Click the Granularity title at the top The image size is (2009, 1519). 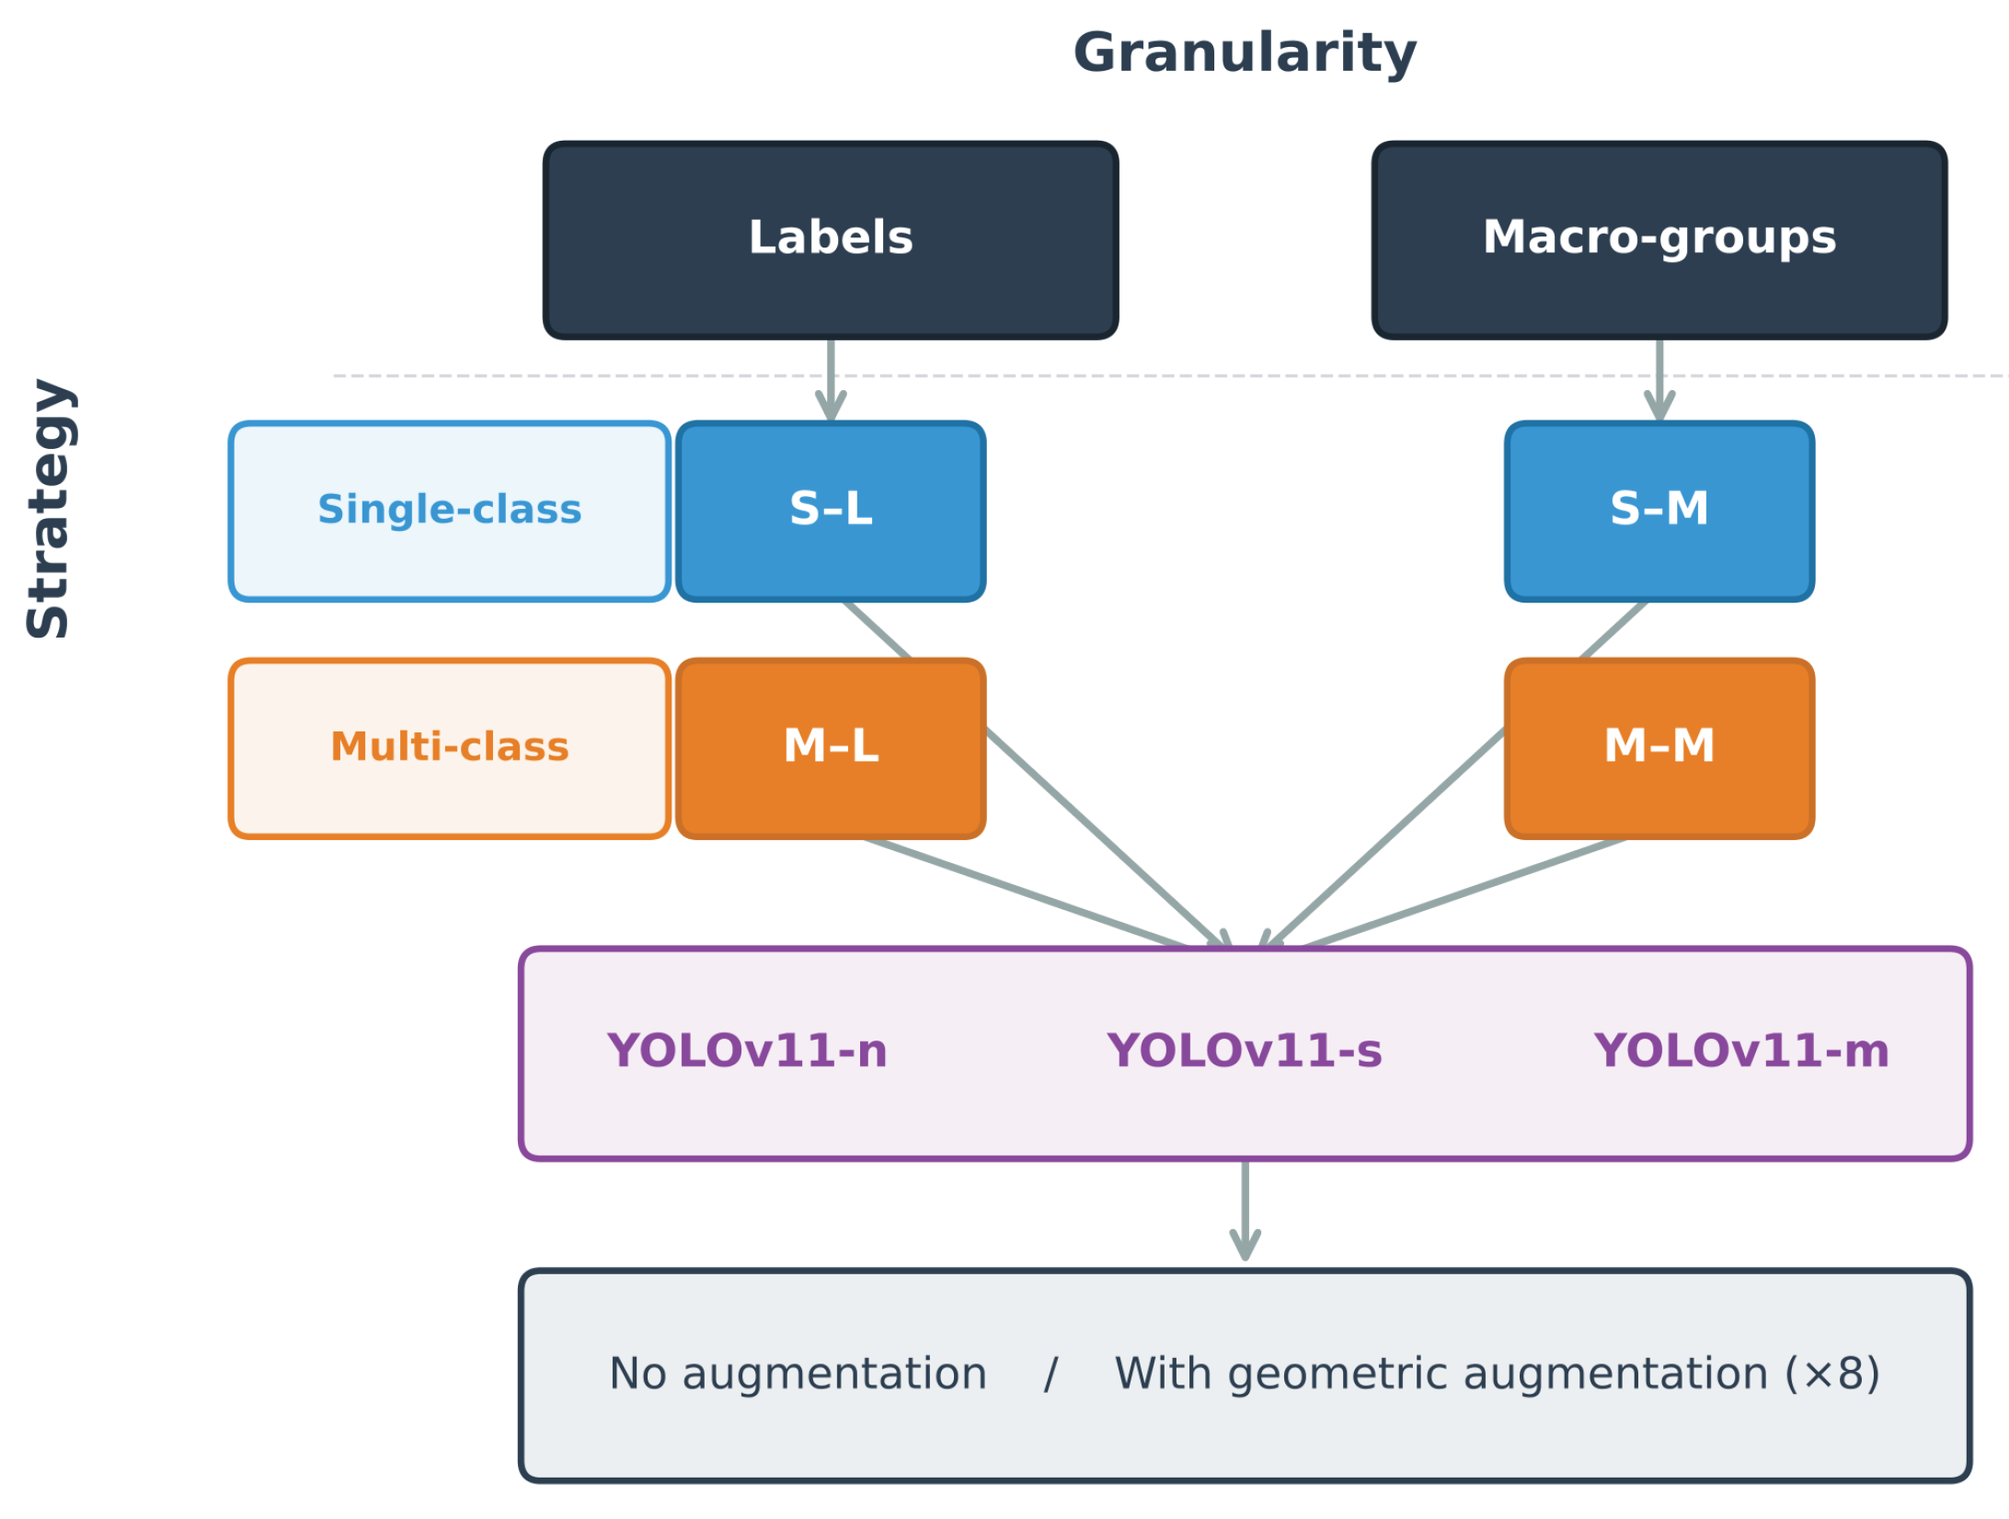(x=1245, y=53)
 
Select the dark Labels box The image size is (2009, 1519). (x=831, y=239)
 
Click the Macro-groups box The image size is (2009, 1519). (x=1659, y=239)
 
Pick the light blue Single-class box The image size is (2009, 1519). (x=449, y=511)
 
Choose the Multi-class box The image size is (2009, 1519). (x=449, y=747)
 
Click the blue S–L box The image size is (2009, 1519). (x=831, y=511)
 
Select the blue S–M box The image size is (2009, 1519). (x=1659, y=511)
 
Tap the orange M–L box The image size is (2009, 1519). (x=831, y=747)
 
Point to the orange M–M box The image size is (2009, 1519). (x=1659, y=747)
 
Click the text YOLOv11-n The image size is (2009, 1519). (x=747, y=1052)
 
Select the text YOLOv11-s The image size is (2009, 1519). (x=1244, y=1052)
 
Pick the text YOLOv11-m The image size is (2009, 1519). (x=1741, y=1052)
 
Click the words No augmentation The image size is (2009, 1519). (x=798, y=1375)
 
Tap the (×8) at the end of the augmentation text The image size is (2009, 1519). (x=1832, y=1375)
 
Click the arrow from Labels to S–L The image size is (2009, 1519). (x=831, y=379)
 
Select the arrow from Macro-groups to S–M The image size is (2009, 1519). (x=1659, y=379)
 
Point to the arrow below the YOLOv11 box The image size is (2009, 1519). (x=1245, y=1210)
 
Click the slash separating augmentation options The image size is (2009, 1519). (x=1050, y=1375)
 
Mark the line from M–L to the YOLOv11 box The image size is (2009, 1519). (x=1026, y=892)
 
